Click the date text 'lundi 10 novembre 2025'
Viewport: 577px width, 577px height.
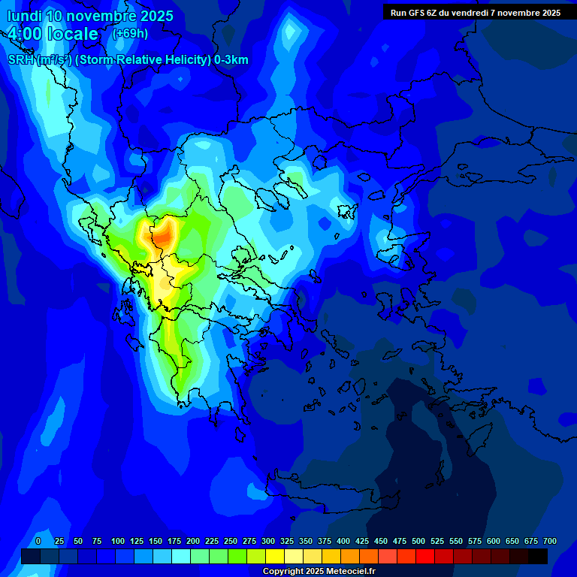click(90, 16)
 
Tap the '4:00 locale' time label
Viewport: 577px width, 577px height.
click(53, 34)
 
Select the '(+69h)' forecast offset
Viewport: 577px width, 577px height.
click(130, 34)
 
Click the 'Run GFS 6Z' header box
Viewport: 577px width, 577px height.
click(475, 12)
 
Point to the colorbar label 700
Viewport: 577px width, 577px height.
click(549, 541)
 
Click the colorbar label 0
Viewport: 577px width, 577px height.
click(38, 541)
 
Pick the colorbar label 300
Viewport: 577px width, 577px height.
click(268, 541)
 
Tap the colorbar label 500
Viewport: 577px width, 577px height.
click(418, 541)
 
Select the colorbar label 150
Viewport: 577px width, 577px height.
click(156, 541)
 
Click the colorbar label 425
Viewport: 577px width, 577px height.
click(362, 541)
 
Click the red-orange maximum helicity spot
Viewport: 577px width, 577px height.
click(163, 237)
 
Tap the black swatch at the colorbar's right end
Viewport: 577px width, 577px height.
click(538, 556)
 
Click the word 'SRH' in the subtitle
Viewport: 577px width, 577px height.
click(21, 60)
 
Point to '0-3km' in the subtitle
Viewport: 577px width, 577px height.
click(231, 60)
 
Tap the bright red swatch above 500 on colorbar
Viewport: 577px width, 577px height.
click(425, 556)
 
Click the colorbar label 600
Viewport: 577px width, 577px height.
click(494, 541)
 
